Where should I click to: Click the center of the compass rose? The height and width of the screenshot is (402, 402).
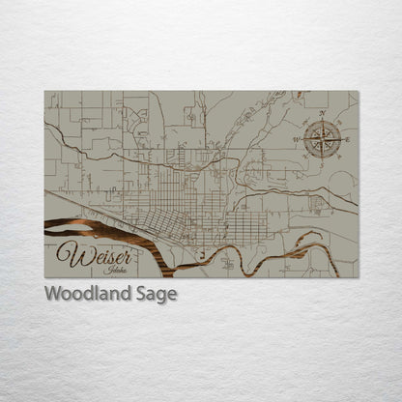322,140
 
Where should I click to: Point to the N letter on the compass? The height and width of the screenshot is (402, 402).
322,114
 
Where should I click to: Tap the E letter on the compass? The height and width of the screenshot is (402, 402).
348,140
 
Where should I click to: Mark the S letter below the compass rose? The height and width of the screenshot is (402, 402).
322,165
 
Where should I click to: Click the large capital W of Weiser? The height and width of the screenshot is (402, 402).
68,254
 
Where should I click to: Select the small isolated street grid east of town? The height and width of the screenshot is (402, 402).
317,204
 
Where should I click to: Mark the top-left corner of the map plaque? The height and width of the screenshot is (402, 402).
44,91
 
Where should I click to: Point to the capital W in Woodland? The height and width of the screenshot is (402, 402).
52,295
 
